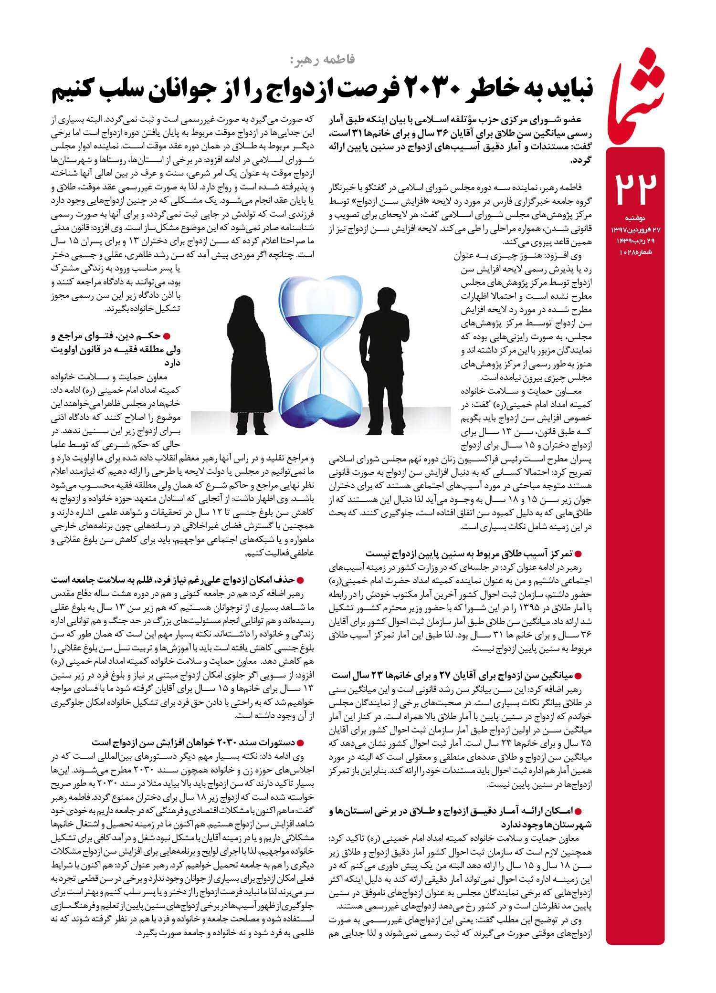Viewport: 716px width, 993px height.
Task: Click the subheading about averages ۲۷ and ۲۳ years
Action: point(458,675)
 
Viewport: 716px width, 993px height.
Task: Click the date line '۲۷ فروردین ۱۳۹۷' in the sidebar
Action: point(635,230)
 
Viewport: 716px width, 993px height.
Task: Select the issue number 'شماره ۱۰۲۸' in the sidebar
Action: point(635,251)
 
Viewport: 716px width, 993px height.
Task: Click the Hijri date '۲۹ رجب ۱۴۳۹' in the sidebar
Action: point(635,241)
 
